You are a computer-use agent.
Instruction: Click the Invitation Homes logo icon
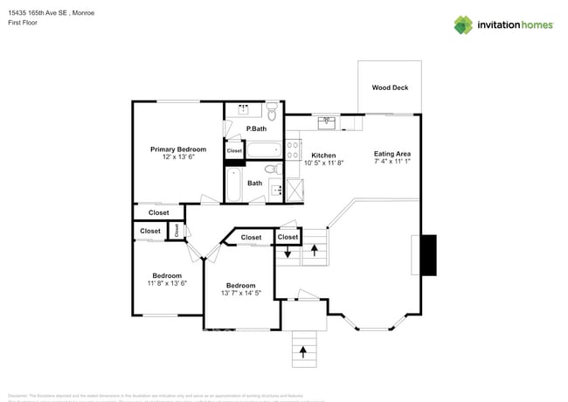(463, 24)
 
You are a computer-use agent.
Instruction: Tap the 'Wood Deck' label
(390, 87)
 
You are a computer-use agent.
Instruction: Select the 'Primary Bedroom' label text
(178, 149)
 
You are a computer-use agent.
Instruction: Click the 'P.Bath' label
(256, 129)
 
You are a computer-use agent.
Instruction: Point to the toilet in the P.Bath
(273, 113)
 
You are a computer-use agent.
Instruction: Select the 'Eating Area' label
(392, 153)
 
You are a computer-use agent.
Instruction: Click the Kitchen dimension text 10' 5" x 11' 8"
(323, 163)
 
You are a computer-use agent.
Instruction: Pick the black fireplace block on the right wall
(428, 255)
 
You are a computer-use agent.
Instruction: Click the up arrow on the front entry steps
(304, 351)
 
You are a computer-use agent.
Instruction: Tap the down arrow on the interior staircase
(287, 253)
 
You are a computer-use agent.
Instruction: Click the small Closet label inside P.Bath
(234, 150)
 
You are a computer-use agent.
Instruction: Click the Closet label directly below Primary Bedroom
(159, 212)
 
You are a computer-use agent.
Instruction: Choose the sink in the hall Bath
(277, 189)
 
